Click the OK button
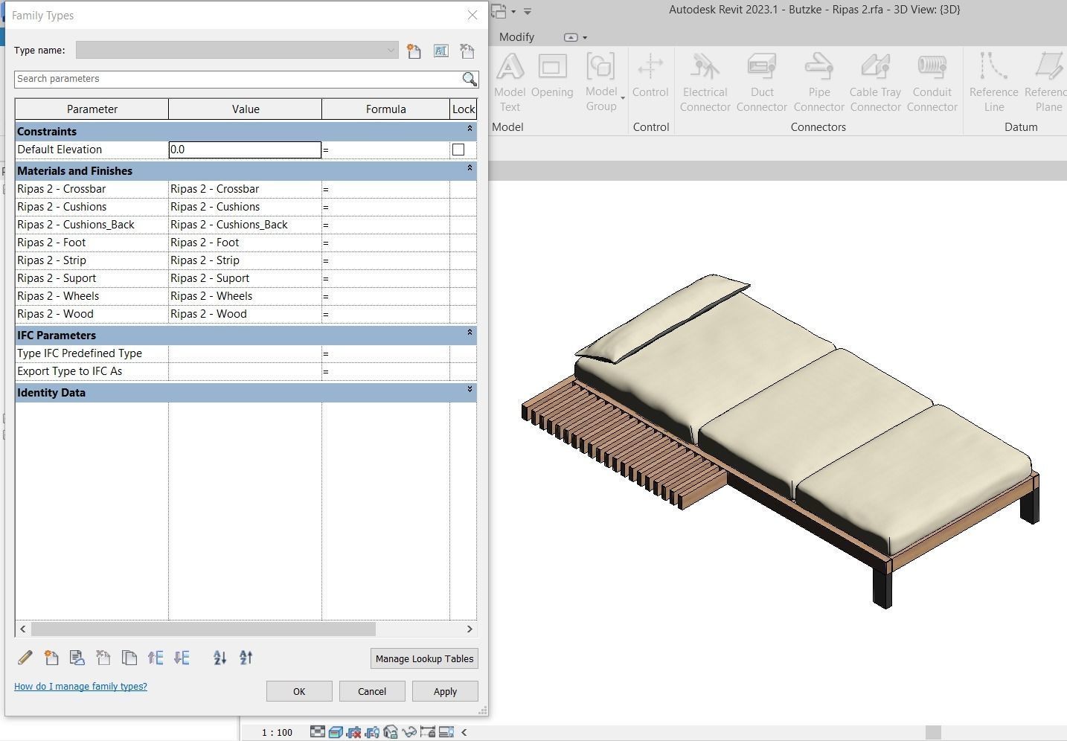coord(298,691)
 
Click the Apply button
coord(445,691)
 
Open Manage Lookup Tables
coord(424,658)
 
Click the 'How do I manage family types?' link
coord(80,686)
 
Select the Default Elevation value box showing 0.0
coord(245,150)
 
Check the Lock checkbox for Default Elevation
coord(458,150)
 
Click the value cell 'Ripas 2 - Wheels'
coord(245,296)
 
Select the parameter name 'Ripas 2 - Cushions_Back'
coord(76,225)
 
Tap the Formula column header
coord(385,109)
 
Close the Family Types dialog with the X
coord(472,15)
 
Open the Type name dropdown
coord(390,51)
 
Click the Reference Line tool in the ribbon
coord(993,82)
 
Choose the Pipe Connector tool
coord(818,82)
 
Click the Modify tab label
coord(516,36)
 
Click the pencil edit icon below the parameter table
coord(25,658)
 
